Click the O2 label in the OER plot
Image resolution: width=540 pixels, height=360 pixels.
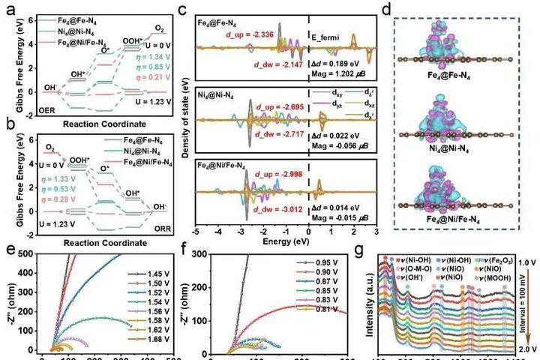[159, 28]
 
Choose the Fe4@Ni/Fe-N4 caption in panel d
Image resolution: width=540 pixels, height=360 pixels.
[465, 217]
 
